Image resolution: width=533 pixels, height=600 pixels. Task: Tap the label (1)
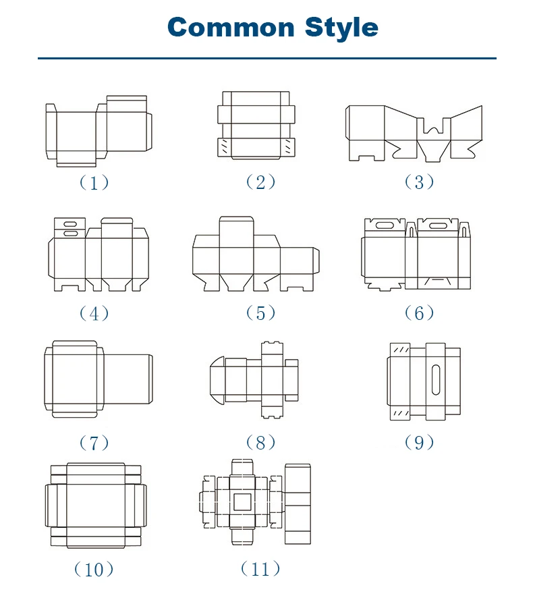(x=94, y=183)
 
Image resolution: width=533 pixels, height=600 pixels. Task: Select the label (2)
(x=260, y=182)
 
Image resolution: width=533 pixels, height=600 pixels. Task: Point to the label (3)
(x=419, y=182)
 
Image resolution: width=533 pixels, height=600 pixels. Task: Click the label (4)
(x=94, y=313)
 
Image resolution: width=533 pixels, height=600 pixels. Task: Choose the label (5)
(x=260, y=313)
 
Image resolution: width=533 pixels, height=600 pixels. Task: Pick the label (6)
(x=419, y=313)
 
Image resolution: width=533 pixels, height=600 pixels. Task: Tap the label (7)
(x=94, y=443)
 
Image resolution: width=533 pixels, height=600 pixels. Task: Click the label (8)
(x=260, y=443)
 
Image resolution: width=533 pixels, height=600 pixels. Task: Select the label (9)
(x=419, y=443)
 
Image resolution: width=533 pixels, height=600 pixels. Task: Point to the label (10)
(x=94, y=570)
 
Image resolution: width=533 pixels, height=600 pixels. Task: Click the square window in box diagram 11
(x=242, y=501)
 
